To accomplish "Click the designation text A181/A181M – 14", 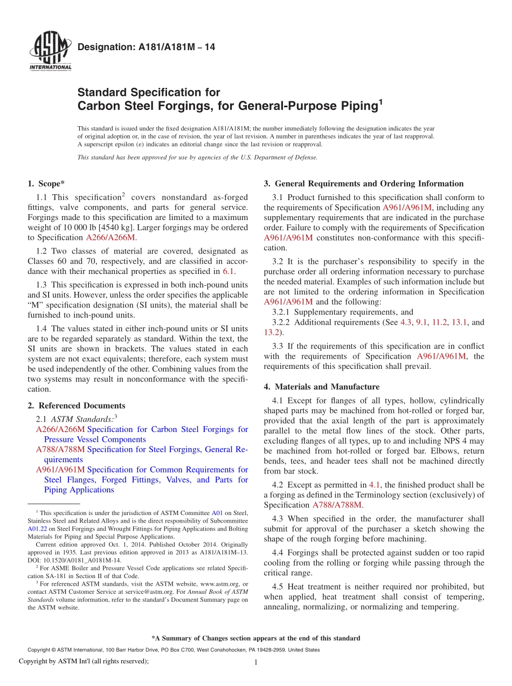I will pos(147,47).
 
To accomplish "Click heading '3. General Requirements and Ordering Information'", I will pos(364,183).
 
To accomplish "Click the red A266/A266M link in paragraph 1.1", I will pos(111,237).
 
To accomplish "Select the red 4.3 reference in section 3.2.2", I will pos(405,322).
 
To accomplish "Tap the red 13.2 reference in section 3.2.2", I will pos(272,332).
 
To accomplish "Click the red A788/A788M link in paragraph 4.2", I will pos(337,505).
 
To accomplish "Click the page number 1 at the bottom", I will pos(256,663).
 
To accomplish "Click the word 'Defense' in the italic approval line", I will pos(304,157).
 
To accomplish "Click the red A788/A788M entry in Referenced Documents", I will pos(60,449).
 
